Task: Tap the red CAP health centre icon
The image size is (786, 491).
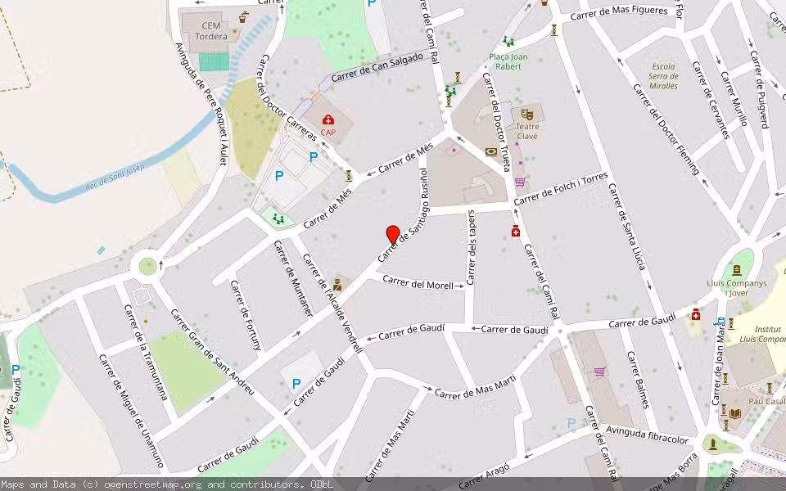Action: pos(328,121)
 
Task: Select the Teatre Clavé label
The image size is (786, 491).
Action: pos(527,131)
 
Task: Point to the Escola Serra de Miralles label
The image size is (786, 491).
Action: pos(663,76)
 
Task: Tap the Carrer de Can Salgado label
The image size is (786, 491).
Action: pos(377,70)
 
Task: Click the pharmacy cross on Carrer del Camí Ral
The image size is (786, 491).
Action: pos(516,232)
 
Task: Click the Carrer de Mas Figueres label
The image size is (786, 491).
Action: pos(626,13)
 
